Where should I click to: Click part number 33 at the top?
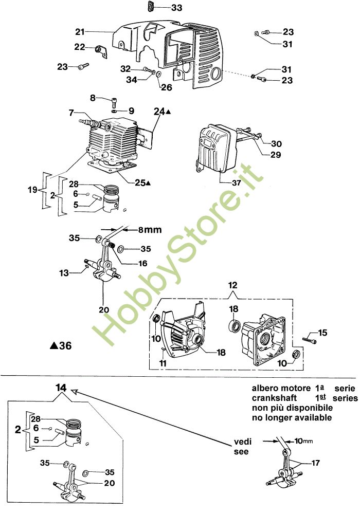tap(176, 8)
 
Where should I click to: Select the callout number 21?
tap(79, 32)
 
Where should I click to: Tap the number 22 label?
tap(79, 47)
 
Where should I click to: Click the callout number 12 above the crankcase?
tap(233, 285)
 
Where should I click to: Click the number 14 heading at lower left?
tap(61, 388)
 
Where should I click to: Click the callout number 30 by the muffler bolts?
tap(277, 143)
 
